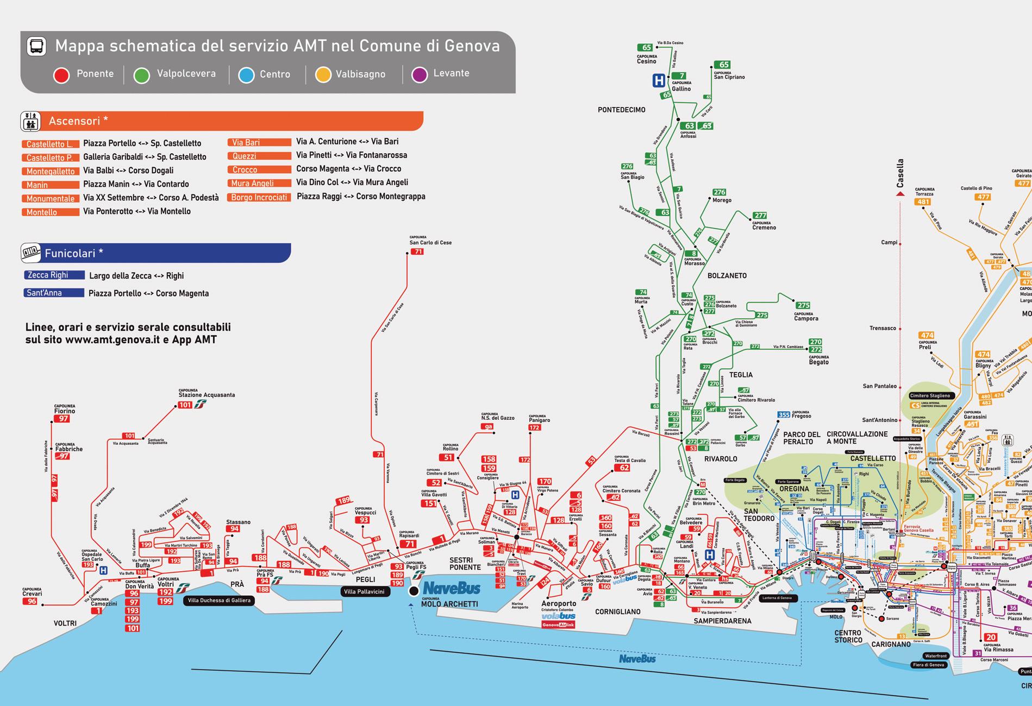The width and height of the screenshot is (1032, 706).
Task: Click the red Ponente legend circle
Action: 61,75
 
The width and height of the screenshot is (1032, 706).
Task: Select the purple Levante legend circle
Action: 420,74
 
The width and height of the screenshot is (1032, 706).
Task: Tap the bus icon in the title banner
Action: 36,46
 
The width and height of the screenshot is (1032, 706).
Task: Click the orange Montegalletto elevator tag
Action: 51,171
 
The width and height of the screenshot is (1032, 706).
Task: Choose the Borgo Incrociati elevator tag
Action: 259,197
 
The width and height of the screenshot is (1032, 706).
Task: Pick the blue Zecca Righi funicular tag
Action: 54,275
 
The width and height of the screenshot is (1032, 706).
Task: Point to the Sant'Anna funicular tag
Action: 54,293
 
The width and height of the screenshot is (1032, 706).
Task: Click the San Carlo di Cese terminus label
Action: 430,242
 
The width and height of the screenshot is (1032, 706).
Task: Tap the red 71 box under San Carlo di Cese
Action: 417,251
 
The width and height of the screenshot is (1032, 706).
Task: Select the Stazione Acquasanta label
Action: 207,395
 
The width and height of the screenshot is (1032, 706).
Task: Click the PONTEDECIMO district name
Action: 621,110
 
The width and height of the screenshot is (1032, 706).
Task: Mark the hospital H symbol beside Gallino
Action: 659,81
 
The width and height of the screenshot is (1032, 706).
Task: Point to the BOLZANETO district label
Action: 727,276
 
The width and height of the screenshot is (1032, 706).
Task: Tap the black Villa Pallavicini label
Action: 364,591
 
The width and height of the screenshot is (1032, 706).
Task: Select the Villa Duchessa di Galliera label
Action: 219,600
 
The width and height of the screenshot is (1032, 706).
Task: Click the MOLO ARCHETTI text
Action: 449,604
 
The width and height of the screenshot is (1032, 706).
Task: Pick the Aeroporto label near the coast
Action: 558,603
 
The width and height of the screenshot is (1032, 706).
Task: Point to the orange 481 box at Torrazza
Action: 923,202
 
